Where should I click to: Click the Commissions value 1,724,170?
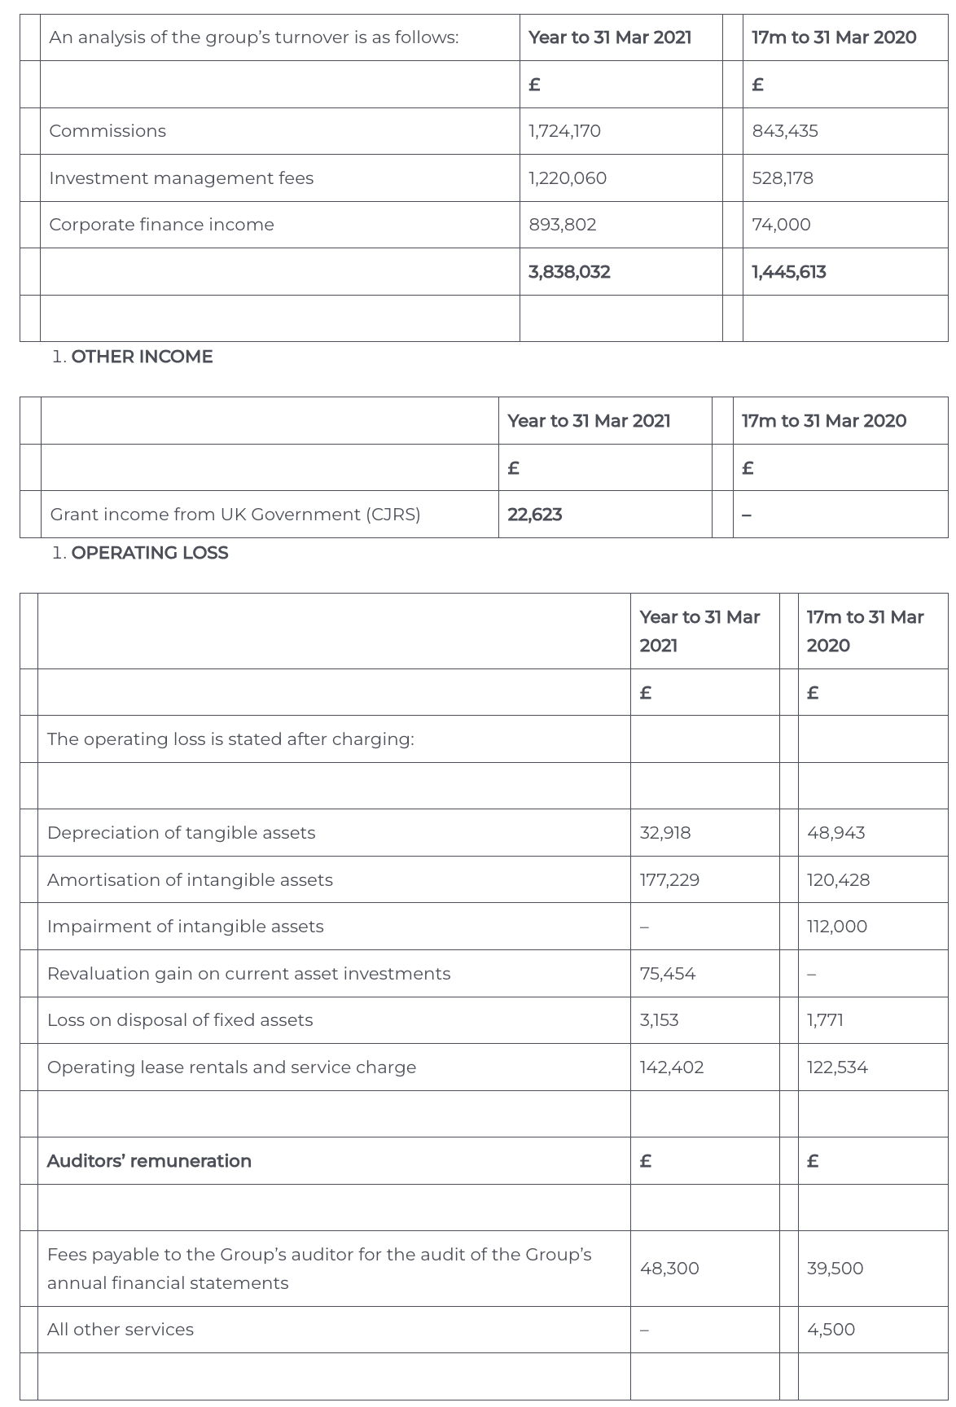click(x=564, y=131)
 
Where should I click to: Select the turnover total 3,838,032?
click(x=569, y=272)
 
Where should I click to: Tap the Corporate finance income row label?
click(x=161, y=225)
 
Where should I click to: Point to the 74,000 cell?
click(x=781, y=225)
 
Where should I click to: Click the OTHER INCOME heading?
click(x=142, y=357)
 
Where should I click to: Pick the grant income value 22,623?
click(x=534, y=515)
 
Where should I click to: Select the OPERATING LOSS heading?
click(x=150, y=553)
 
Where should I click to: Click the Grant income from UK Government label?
click(x=235, y=515)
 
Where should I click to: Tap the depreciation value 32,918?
click(x=664, y=833)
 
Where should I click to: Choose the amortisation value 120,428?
click(x=838, y=880)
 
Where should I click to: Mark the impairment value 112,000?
click(x=836, y=927)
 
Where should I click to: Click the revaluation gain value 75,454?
click(x=667, y=974)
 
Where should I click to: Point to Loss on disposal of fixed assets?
click(x=180, y=1020)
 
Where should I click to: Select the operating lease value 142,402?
click(x=671, y=1067)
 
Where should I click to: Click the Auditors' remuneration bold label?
click(x=149, y=1161)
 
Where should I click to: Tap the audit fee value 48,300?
click(x=669, y=1269)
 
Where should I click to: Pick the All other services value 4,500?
click(x=831, y=1330)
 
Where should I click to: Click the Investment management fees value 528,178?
click(x=782, y=178)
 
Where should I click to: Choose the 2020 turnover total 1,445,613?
click(x=788, y=272)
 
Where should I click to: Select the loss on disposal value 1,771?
click(x=825, y=1020)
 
